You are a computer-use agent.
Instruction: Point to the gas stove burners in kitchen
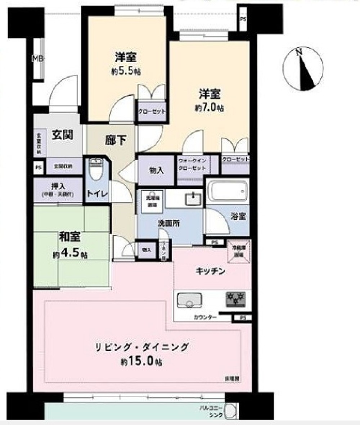pyautogui.click(x=235, y=299)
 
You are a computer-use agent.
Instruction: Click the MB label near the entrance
pyautogui.click(x=37, y=58)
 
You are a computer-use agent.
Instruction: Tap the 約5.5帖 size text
pyautogui.click(x=126, y=71)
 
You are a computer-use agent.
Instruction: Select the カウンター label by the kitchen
pyautogui.click(x=205, y=317)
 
